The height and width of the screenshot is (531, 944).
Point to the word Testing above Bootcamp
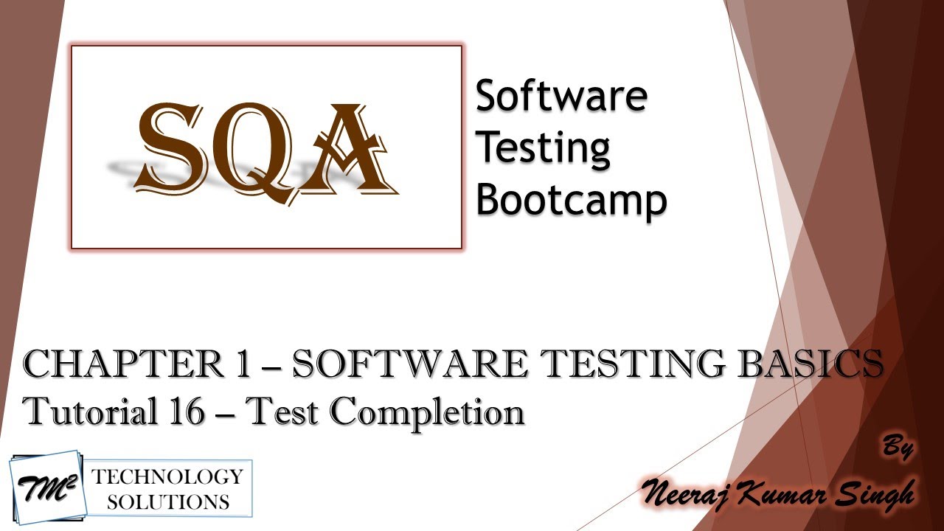[543, 148]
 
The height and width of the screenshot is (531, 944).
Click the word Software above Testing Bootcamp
[561, 97]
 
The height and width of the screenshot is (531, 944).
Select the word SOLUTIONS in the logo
[167, 502]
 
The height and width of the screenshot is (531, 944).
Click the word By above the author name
[898, 448]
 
